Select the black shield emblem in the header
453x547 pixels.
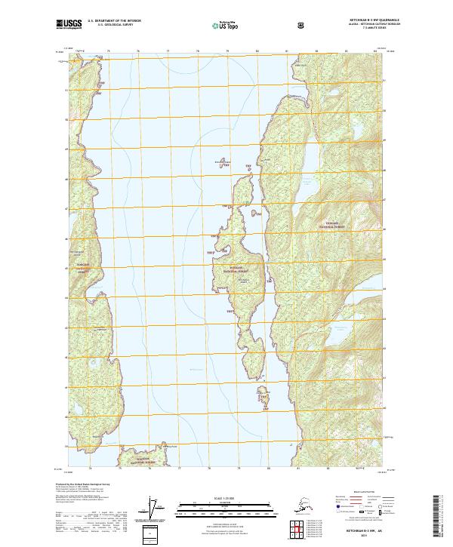tap(301, 25)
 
